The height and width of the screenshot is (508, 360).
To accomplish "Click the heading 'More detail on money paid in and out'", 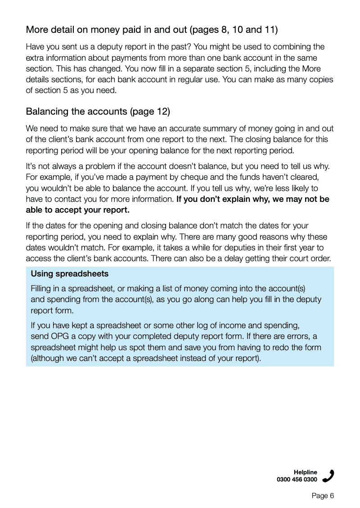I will tap(106, 30).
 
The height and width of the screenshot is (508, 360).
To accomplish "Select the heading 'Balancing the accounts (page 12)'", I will tap(98, 111).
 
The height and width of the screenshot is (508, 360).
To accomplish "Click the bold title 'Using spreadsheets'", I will tap(70, 274).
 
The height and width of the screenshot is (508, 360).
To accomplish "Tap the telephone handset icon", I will tap(328, 476).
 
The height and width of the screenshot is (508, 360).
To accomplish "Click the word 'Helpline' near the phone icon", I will tap(305, 472).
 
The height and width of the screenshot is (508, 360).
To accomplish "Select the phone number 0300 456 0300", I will tap(297, 480).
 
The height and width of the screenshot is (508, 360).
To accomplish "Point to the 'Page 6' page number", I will tap(323, 496).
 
